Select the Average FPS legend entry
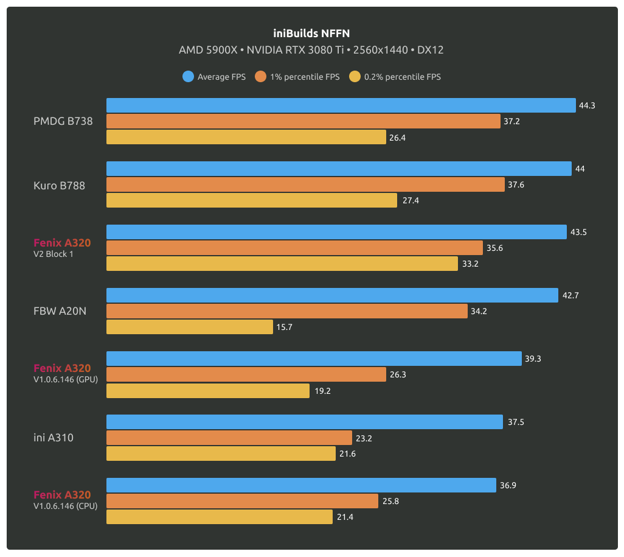point(214,77)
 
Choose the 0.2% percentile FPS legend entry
point(395,77)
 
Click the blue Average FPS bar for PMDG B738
point(341,105)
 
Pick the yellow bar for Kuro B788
point(252,200)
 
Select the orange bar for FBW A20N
point(287,311)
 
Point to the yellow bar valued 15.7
point(190,327)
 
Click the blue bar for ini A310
point(305,422)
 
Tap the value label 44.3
point(587,105)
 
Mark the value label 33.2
point(469,264)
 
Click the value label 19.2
point(322,391)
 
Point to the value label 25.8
point(390,501)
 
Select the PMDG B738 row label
point(63,121)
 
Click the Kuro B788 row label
point(59,185)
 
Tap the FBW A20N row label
point(60,311)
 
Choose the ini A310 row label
point(54,437)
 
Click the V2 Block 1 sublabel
point(54,254)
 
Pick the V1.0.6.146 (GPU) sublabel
point(66,379)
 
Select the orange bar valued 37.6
point(305,184)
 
